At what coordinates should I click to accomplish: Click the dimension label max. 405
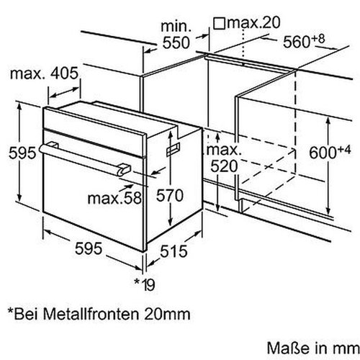43,74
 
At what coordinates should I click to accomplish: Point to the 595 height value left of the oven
18,153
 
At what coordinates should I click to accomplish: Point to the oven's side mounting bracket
174,148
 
